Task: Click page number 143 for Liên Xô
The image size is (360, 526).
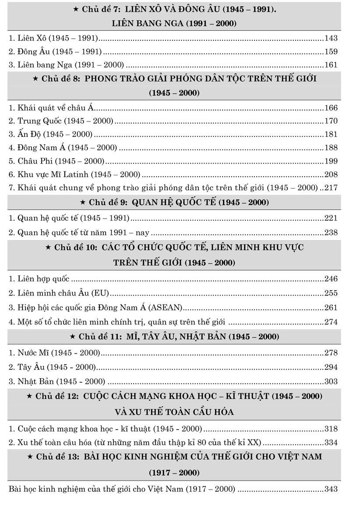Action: click(331, 38)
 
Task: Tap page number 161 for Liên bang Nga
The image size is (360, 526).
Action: click(331, 65)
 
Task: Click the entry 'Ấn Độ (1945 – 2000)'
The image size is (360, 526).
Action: click(50, 135)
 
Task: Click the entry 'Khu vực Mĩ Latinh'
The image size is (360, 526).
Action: click(74, 174)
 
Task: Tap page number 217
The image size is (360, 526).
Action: click(331, 188)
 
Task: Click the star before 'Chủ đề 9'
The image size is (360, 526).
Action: click(83, 203)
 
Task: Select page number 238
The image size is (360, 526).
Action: click(331, 232)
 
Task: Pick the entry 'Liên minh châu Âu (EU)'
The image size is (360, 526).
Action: click(59, 293)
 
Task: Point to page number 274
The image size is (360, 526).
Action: click(331, 322)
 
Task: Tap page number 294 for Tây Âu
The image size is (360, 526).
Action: click(331, 367)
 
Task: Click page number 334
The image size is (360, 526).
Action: click(331, 443)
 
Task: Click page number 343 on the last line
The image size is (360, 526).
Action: click(331, 489)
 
